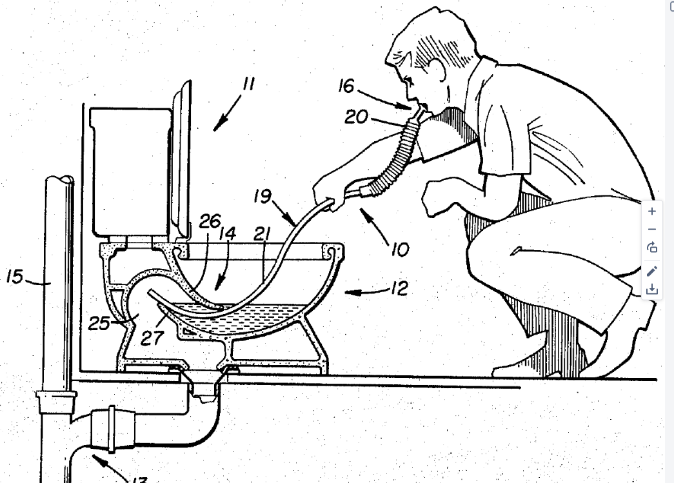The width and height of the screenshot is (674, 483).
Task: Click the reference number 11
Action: click(x=248, y=83)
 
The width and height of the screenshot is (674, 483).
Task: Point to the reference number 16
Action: click(x=346, y=86)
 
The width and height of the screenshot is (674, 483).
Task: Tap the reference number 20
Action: click(x=356, y=117)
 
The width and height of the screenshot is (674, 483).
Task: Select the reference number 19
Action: click(x=263, y=197)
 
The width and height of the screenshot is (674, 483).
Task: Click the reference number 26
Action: click(x=210, y=221)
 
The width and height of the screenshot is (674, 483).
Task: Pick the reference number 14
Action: click(x=228, y=234)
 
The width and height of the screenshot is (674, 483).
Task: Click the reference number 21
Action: click(x=262, y=234)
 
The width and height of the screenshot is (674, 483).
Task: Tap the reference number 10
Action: click(x=400, y=250)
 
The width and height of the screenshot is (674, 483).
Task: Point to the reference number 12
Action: click(x=399, y=288)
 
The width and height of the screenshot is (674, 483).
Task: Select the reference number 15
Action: click(x=15, y=276)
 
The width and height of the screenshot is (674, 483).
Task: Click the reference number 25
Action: click(x=99, y=323)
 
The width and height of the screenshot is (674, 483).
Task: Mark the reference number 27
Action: click(x=152, y=338)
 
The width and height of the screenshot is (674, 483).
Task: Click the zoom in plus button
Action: click(x=652, y=211)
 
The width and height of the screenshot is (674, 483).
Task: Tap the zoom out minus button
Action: click(x=652, y=230)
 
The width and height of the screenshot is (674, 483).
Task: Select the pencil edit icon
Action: click(x=652, y=271)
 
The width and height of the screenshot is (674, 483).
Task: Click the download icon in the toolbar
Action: click(x=652, y=289)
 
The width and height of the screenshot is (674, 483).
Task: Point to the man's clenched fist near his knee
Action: click(x=439, y=196)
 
